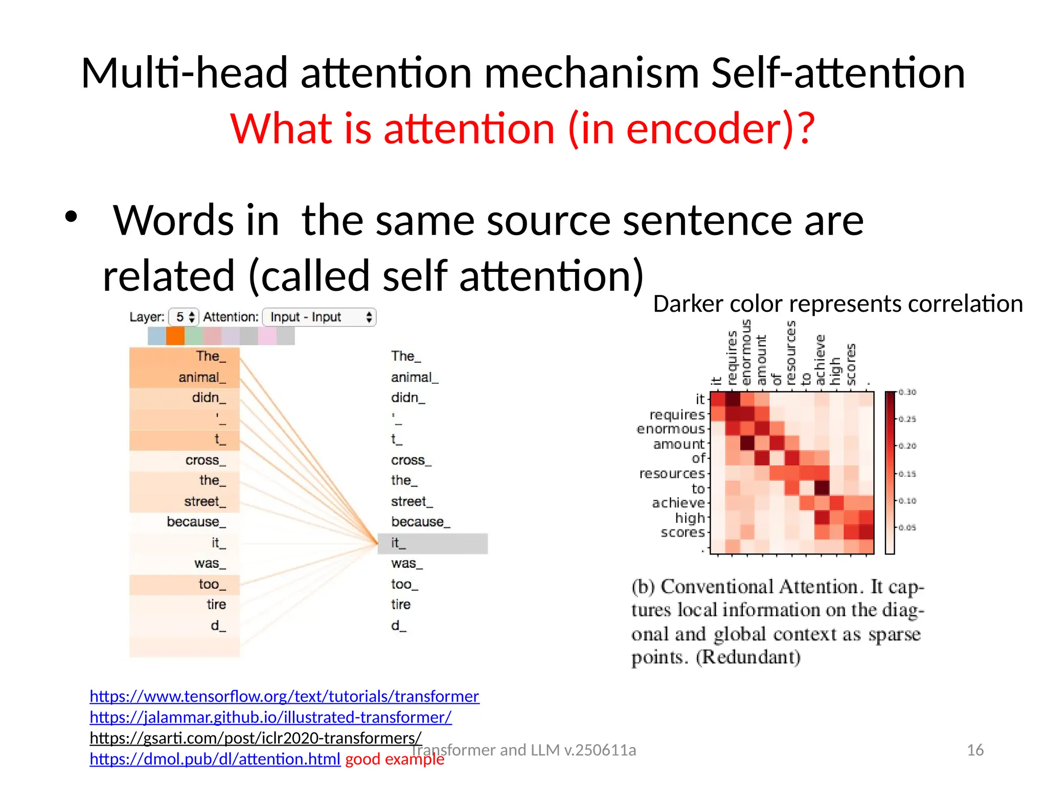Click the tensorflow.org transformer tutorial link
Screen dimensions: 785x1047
click(x=284, y=696)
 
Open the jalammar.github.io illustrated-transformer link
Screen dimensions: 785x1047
click(x=270, y=717)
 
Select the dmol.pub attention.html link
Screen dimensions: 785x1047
click(x=215, y=759)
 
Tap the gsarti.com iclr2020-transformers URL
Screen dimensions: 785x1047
click(x=256, y=738)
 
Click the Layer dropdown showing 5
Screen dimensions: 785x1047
click(x=184, y=317)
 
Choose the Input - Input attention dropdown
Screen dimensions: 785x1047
click(x=319, y=317)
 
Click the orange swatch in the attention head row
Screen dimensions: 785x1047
click(x=175, y=336)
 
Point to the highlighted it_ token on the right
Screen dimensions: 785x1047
click(x=433, y=543)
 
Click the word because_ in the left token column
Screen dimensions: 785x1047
click(x=196, y=522)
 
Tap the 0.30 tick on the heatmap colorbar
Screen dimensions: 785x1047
click(x=907, y=392)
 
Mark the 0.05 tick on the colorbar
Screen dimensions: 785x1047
click(x=907, y=527)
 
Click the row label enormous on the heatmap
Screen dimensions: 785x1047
click(x=670, y=429)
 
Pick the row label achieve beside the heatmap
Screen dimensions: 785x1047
click(x=678, y=503)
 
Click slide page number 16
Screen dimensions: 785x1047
click(x=975, y=750)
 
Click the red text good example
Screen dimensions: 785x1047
click(x=395, y=759)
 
